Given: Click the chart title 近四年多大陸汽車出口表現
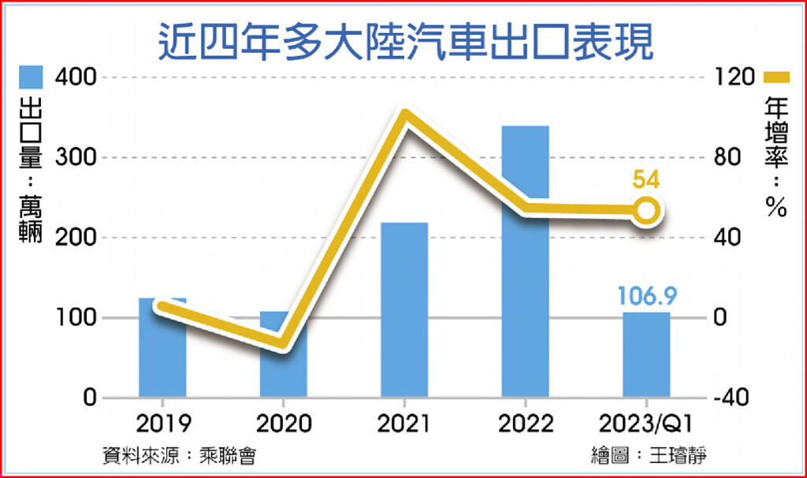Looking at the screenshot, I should tap(405, 42).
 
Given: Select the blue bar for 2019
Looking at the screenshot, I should tap(162, 354).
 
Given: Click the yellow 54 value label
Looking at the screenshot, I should tap(646, 180).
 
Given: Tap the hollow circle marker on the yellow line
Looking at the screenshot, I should tap(646, 211).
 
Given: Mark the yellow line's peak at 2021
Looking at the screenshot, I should tap(404, 117).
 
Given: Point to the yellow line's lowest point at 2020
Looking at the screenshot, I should tap(284, 343).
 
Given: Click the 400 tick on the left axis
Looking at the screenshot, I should tap(76, 77).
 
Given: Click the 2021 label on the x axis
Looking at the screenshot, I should tap(404, 425).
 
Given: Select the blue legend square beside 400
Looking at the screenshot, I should tap(32, 77).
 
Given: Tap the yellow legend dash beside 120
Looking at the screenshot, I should tap(778, 77).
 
